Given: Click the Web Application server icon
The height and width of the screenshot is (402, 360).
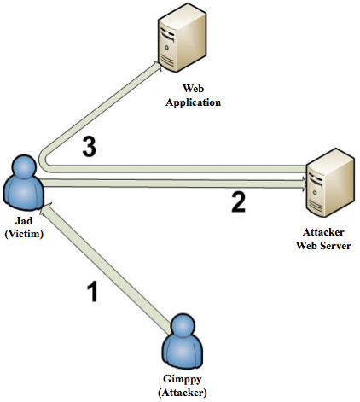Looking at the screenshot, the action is (x=183, y=38).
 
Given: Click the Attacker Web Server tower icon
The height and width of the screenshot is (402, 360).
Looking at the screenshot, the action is (x=331, y=183).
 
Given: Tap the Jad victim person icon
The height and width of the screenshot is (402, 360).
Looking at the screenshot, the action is (x=23, y=184).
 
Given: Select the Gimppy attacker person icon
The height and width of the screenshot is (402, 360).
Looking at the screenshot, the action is (x=183, y=342).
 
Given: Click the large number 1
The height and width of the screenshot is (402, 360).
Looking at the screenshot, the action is (x=93, y=291).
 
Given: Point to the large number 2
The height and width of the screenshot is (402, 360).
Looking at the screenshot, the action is (x=238, y=201).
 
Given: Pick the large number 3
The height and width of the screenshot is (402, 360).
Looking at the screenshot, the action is (x=90, y=147).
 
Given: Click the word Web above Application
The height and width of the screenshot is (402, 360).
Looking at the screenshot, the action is (x=193, y=88).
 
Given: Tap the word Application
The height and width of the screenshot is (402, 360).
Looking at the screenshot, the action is (x=193, y=102).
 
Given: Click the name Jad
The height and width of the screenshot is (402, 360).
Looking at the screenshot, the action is (x=24, y=221).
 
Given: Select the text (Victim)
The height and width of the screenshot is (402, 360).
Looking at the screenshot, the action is (x=24, y=234).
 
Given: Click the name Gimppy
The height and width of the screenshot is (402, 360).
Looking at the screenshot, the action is (x=183, y=379).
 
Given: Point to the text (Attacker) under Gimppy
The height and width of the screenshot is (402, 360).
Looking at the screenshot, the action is (x=183, y=393).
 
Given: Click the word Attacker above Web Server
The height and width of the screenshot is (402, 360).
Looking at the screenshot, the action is (x=323, y=232).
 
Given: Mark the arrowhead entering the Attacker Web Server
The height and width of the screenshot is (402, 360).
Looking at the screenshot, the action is (x=304, y=183).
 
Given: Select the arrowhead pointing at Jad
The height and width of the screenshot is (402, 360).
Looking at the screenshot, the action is (x=45, y=207).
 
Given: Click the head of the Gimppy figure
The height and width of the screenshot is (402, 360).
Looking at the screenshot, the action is (x=183, y=323).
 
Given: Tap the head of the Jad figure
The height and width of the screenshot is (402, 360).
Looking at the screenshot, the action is (x=23, y=166).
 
